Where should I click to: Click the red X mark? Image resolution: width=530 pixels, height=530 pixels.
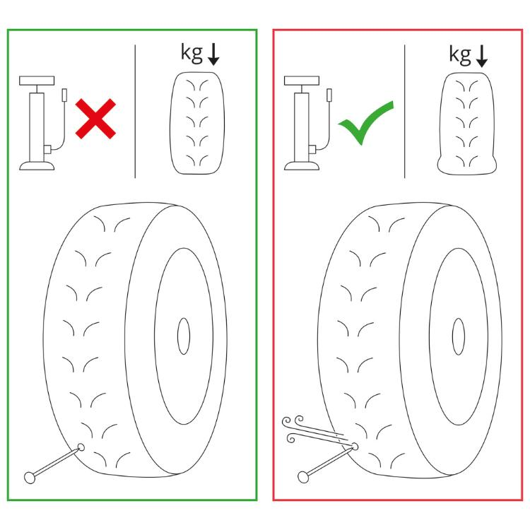coord(95,119)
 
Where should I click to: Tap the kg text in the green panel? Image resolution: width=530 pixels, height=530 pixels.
coord(192,53)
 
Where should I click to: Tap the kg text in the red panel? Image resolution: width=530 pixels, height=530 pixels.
coord(460,54)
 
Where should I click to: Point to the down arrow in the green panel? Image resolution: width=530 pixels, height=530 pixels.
coord(213,54)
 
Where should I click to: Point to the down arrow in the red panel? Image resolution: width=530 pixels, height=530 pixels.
coord(482,56)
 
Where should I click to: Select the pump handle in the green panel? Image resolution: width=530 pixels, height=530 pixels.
coord(37,81)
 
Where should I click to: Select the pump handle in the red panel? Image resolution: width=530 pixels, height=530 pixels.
coord(302,81)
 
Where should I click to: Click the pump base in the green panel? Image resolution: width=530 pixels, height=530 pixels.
coord(37,165)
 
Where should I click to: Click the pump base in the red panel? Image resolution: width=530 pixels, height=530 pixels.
coord(302,165)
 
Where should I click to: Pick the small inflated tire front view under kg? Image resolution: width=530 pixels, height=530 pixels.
coord(197,123)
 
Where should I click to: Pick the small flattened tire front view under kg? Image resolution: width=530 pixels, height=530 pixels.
coord(467,124)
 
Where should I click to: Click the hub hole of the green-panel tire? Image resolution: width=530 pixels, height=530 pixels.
coord(184,336)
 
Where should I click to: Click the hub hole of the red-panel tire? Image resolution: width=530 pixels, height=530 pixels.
coord(459,336)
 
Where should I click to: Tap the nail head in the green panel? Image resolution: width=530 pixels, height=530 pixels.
coord(30,477)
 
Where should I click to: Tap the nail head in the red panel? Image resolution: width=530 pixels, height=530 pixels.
coord(303,476)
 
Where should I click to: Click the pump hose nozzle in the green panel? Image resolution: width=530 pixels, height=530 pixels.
coord(64,95)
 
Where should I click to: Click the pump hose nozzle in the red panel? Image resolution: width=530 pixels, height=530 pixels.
coord(329,95)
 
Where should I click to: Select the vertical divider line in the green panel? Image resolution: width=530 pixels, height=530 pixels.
coord(135,111)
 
